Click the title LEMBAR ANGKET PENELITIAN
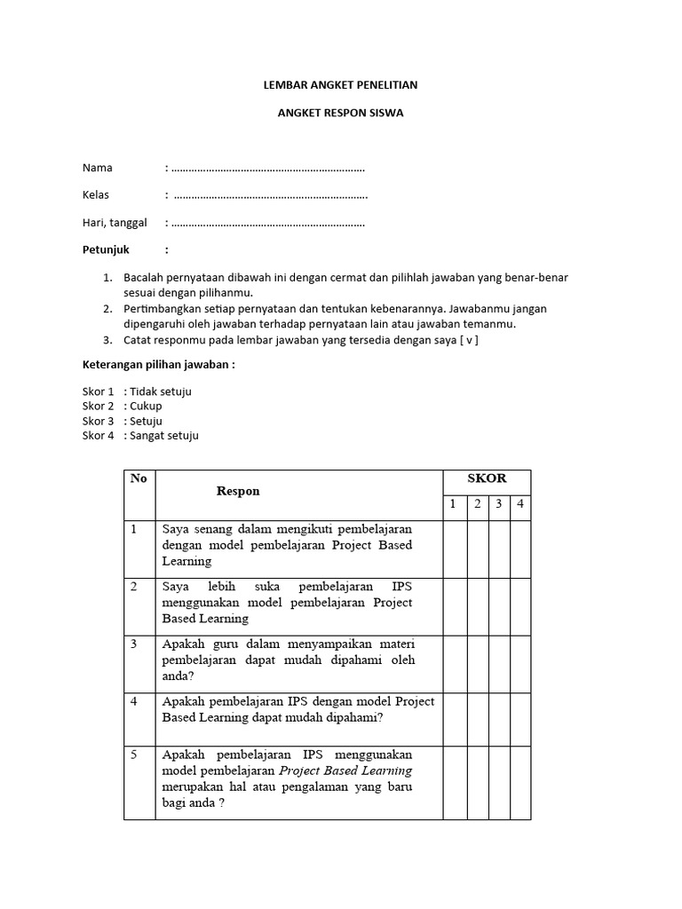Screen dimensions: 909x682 coord(341,85)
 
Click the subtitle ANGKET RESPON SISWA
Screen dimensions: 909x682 coord(341,114)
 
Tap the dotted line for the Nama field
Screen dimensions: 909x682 coord(267,168)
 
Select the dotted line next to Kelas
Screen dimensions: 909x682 coord(270,195)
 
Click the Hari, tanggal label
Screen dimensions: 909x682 coord(115,223)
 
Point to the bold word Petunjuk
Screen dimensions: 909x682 coord(106,249)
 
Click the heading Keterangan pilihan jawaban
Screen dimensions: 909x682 coord(158,365)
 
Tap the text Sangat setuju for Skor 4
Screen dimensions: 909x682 coord(163,435)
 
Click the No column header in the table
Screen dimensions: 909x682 coord(139,478)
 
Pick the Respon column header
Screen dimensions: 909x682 coord(238,491)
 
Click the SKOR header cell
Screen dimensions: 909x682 coord(487,478)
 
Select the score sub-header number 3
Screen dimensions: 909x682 coord(499,504)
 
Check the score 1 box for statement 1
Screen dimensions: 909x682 coord(455,549)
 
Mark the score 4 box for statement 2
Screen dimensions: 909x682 coord(520,603)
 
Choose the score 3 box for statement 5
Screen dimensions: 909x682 coord(499,782)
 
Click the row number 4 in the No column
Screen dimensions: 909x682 coord(135,701)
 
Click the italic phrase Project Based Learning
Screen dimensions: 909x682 coord(345,771)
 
